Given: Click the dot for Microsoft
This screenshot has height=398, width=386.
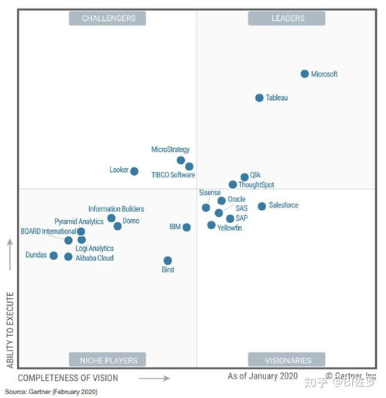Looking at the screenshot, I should (x=305, y=74).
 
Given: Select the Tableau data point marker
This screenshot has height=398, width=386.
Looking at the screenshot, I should (x=260, y=98).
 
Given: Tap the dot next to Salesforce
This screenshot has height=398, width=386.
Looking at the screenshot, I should (x=262, y=206).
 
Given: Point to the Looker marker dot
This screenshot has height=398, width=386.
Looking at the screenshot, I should (x=135, y=171).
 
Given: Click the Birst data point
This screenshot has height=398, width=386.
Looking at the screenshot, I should (x=168, y=260).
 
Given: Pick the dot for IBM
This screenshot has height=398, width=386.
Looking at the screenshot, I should (x=186, y=228).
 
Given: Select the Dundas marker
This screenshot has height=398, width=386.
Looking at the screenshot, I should (x=53, y=256).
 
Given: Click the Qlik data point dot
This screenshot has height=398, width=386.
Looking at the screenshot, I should (x=244, y=177).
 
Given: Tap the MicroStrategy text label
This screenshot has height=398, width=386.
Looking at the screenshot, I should (x=170, y=149).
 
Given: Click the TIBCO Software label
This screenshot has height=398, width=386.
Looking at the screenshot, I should (x=172, y=175).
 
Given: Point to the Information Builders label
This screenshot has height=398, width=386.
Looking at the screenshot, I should (x=116, y=209).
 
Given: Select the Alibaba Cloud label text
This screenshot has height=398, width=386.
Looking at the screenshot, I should (x=94, y=258).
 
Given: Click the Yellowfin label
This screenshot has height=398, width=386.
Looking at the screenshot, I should (x=230, y=228).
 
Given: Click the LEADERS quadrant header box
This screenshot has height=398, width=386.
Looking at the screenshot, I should (x=288, y=18).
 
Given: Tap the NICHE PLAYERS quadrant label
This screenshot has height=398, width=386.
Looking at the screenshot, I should (x=108, y=360).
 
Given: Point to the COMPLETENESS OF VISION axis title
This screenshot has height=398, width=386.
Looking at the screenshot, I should (x=68, y=378).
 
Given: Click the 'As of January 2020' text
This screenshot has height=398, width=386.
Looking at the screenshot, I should (x=262, y=376).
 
